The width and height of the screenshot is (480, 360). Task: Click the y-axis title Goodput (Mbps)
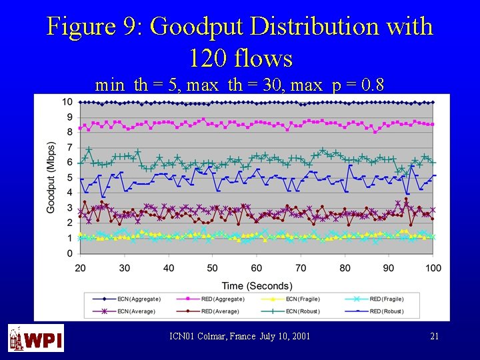click(x=51, y=177)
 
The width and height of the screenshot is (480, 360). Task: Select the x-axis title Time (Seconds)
click(x=257, y=285)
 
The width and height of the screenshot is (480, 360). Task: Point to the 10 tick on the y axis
click(x=67, y=102)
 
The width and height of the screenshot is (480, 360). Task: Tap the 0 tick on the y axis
click(x=70, y=254)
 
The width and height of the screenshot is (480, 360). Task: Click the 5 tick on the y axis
click(x=70, y=178)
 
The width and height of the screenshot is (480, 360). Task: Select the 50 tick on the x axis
click(x=213, y=268)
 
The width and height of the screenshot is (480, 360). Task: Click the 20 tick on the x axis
click(x=81, y=268)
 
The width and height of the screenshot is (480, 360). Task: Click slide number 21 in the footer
click(x=434, y=337)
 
